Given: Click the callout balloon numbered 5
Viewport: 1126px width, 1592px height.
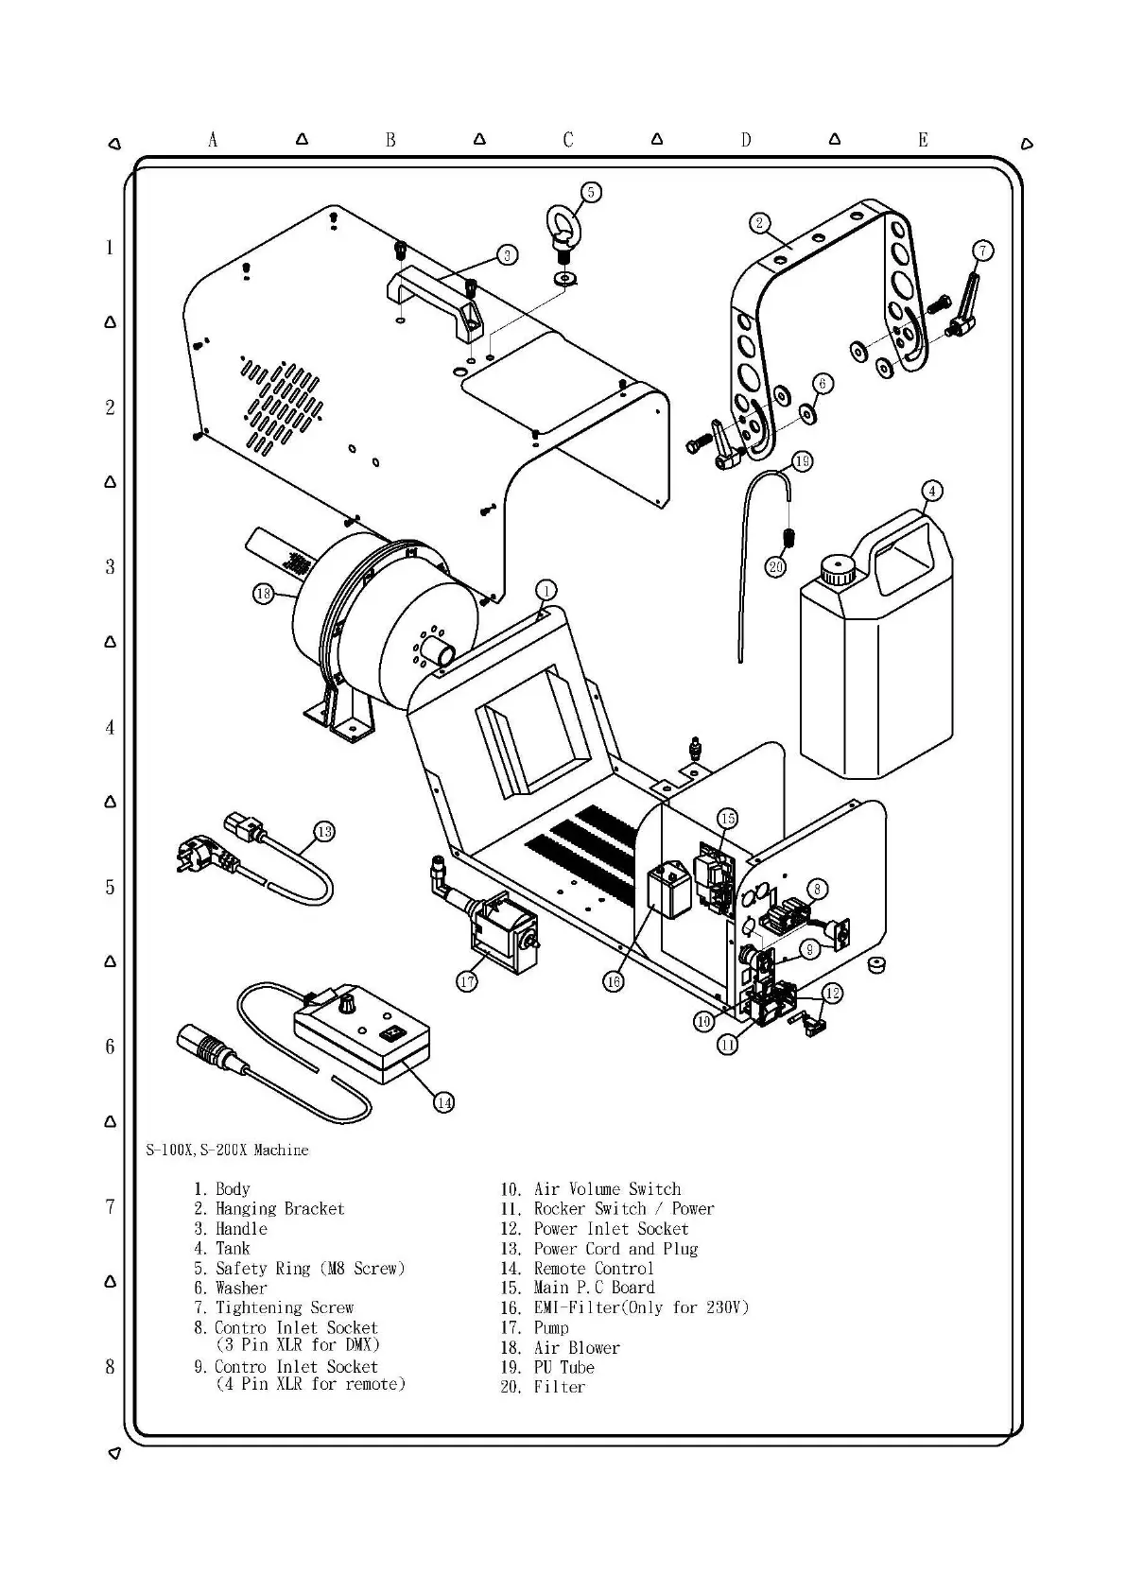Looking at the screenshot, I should tap(590, 193).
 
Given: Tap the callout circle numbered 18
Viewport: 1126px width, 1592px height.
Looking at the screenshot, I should tap(263, 594).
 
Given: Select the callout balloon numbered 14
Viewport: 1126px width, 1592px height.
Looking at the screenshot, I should tap(443, 1101).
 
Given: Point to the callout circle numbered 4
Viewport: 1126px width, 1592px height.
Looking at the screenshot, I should tap(932, 491).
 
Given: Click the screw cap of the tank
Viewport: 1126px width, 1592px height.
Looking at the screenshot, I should tap(837, 569).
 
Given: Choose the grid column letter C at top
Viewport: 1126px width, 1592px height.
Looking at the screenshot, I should tap(567, 140).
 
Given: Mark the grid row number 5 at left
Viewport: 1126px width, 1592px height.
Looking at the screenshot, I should tap(110, 887).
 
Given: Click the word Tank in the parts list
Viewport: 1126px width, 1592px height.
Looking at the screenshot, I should tap(233, 1248).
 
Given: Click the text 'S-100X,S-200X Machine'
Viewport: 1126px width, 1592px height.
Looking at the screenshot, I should tap(227, 1150).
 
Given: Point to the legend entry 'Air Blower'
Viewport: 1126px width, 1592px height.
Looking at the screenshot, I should tap(576, 1347).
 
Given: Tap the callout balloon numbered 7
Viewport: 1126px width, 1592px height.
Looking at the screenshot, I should tap(982, 251).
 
